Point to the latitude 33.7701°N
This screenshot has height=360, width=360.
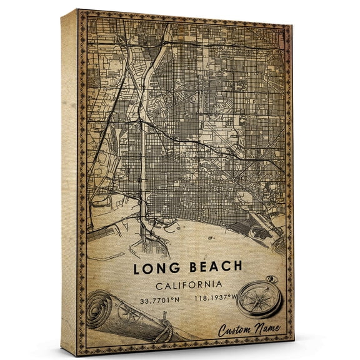pyautogui.click(x=161, y=300)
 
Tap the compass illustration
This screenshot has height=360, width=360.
pyautogui.click(x=256, y=305)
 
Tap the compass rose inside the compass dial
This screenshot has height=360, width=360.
pyautogui.click(x=255, y=307)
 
